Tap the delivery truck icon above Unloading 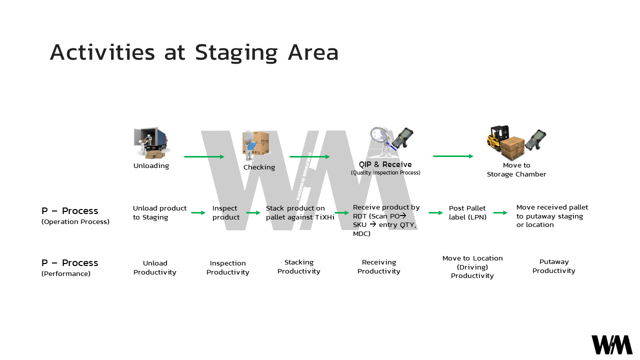click(x=152, y=142)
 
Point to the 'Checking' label click(x=259, y=167)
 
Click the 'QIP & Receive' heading click(x=385, y=164)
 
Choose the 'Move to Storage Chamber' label click(x=516, y=170)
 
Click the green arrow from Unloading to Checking click(x=204, y=157)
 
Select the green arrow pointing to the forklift click(x=453, y=156)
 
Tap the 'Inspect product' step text click(x=225, y=213)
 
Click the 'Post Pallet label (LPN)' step click(x=467, y=213)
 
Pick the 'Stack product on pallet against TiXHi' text click(x=299, y=213)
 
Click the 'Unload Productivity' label click(x=155, y=268)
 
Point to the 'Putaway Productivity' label click(x=553, y=266)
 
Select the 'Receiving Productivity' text click(x=379, y=267)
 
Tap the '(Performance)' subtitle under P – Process click(x=66, y=274)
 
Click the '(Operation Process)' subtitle click(x=75, y=221)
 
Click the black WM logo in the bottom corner click(x=612, y=345)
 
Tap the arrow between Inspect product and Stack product click(x=253, y=213)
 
